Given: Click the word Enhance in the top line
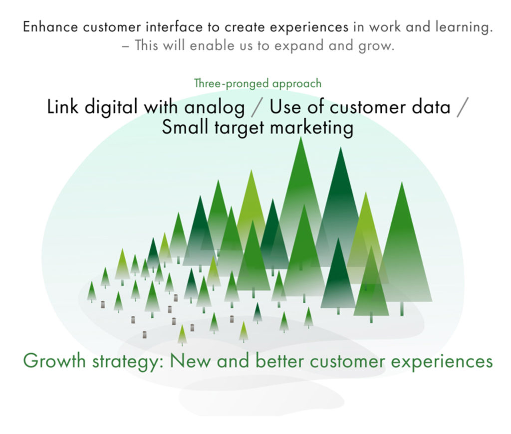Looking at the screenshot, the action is pos(50,27).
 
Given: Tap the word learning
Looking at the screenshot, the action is pos(464,27).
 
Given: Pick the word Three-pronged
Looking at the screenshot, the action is pos(232,84).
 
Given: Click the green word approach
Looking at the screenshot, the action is pos(297,84).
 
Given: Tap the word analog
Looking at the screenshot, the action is pos(215,108).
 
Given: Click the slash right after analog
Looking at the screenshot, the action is pos(257,107).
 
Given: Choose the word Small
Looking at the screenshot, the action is pos(185,127).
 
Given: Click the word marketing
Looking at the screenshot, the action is pos(312,128).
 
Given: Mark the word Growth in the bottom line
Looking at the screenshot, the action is pos(54,361).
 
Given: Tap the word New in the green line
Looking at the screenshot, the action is pos(190,361).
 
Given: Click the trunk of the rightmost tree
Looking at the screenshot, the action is pos(402,308).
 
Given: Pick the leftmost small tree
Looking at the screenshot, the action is pos(92,292).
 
